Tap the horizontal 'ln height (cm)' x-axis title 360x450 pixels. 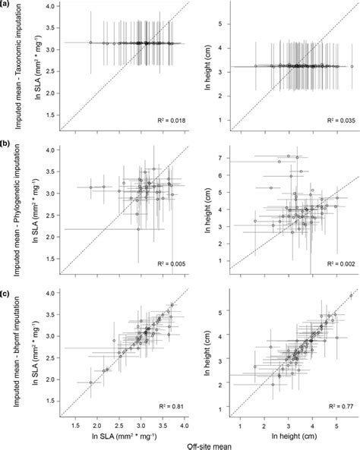[292, 437]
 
